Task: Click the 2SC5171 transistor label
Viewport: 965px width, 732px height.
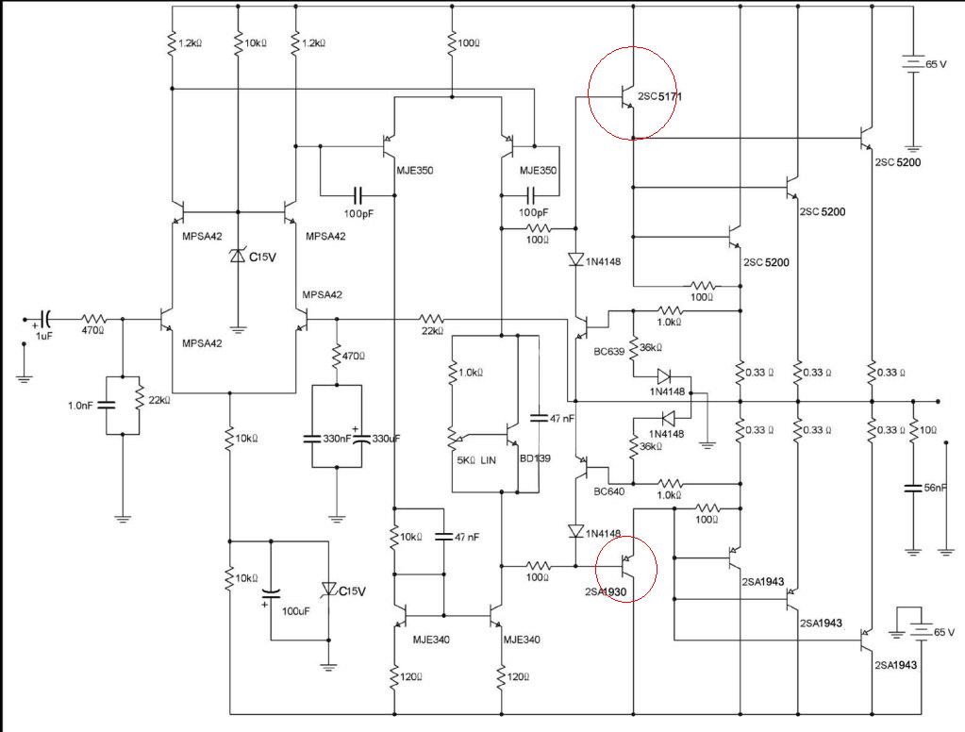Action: [x=659, y=96]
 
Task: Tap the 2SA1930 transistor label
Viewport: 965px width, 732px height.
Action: [x=606, y=592]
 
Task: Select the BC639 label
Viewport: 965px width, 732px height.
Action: [x=608, y=352]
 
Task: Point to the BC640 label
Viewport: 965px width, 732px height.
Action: [x=608, y=491]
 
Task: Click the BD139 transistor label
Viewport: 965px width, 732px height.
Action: [x=535, y=458]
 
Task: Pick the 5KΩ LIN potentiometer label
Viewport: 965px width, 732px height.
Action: [x=475, y=460]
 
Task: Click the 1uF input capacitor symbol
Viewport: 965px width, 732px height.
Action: [x=45, y=320]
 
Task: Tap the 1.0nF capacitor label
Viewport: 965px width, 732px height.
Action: [x=80, y=406]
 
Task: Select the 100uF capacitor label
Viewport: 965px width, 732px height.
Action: [x=295, y=611]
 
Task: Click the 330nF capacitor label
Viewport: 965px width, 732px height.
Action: [x=338, y=439]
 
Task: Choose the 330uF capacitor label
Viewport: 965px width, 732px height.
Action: [x=386, y=439]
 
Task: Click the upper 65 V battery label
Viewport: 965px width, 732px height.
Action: [x=936, y=64]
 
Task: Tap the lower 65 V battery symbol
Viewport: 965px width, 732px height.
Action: [x=922, y=632]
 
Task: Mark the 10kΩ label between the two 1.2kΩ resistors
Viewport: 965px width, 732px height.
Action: [x=256, y=43]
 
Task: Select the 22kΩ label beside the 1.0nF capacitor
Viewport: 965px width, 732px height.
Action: [x=159, y=400]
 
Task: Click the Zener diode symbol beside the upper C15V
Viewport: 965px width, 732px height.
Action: [x=238, y=255]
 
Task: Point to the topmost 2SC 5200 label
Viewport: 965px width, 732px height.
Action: [x=898, y=162]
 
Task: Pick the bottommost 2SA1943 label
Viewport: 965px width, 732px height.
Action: [x=895, y=665]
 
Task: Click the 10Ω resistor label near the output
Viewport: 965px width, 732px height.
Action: [x=928, y=430]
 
